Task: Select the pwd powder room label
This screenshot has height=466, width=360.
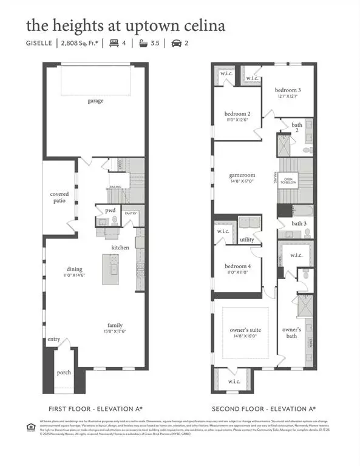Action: point(110,211)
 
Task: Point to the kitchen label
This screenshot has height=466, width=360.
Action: point(120,248)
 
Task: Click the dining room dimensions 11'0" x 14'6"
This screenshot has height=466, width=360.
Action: point(75,276)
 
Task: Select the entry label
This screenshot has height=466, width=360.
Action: point(54,339)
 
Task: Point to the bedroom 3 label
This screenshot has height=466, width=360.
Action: point(288,90)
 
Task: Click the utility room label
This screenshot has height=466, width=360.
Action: point(247,240)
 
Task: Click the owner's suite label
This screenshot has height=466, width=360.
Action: point(242,330)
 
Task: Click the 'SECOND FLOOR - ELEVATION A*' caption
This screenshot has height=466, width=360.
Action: point(263,408)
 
